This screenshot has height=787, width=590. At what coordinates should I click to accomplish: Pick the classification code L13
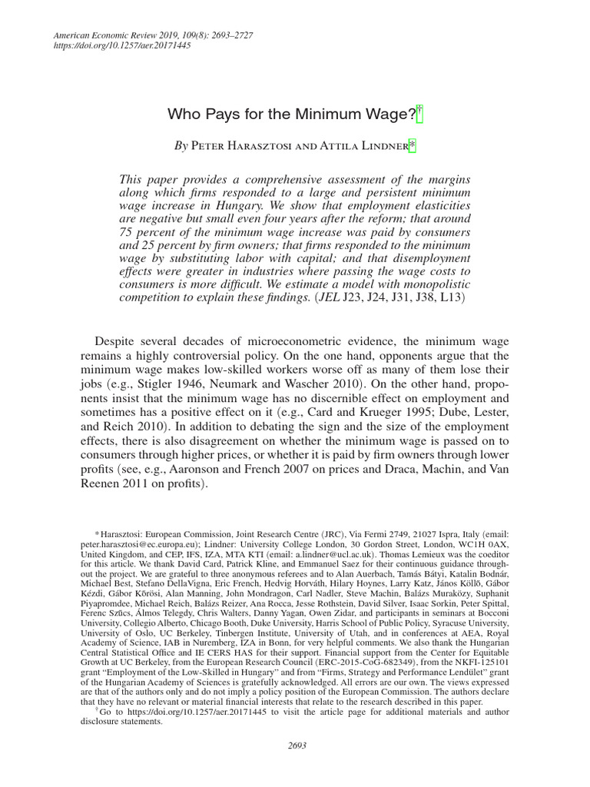[458, 297]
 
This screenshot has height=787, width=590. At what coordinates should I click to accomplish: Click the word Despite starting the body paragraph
[116, 340]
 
